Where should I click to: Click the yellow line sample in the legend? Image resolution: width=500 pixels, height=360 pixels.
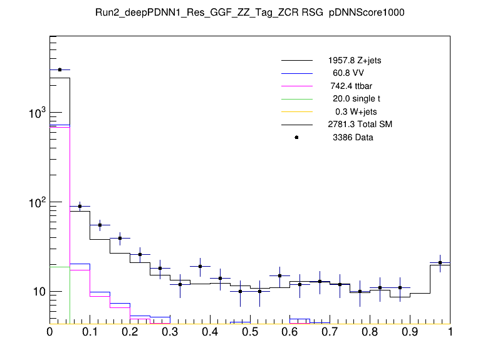(297, 111)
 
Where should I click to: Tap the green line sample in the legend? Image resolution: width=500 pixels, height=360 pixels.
(297, 98)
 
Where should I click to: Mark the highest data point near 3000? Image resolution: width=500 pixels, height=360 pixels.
(60, 70)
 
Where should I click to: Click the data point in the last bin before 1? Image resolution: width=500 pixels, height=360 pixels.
(440, 263)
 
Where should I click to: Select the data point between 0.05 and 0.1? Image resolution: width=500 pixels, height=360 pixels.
(80, 206)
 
